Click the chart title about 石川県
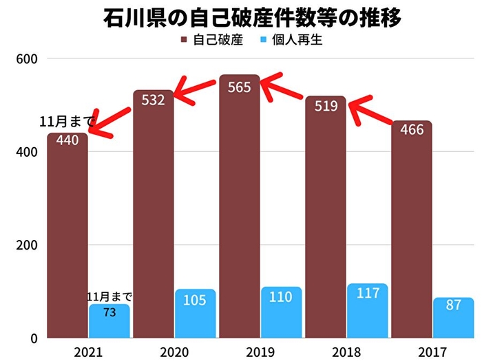(241, 17)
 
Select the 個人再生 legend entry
(292, 41)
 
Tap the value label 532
(153, 100)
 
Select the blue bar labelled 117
(368, 310)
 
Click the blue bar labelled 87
(454, 318)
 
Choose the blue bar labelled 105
(196, 314)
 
